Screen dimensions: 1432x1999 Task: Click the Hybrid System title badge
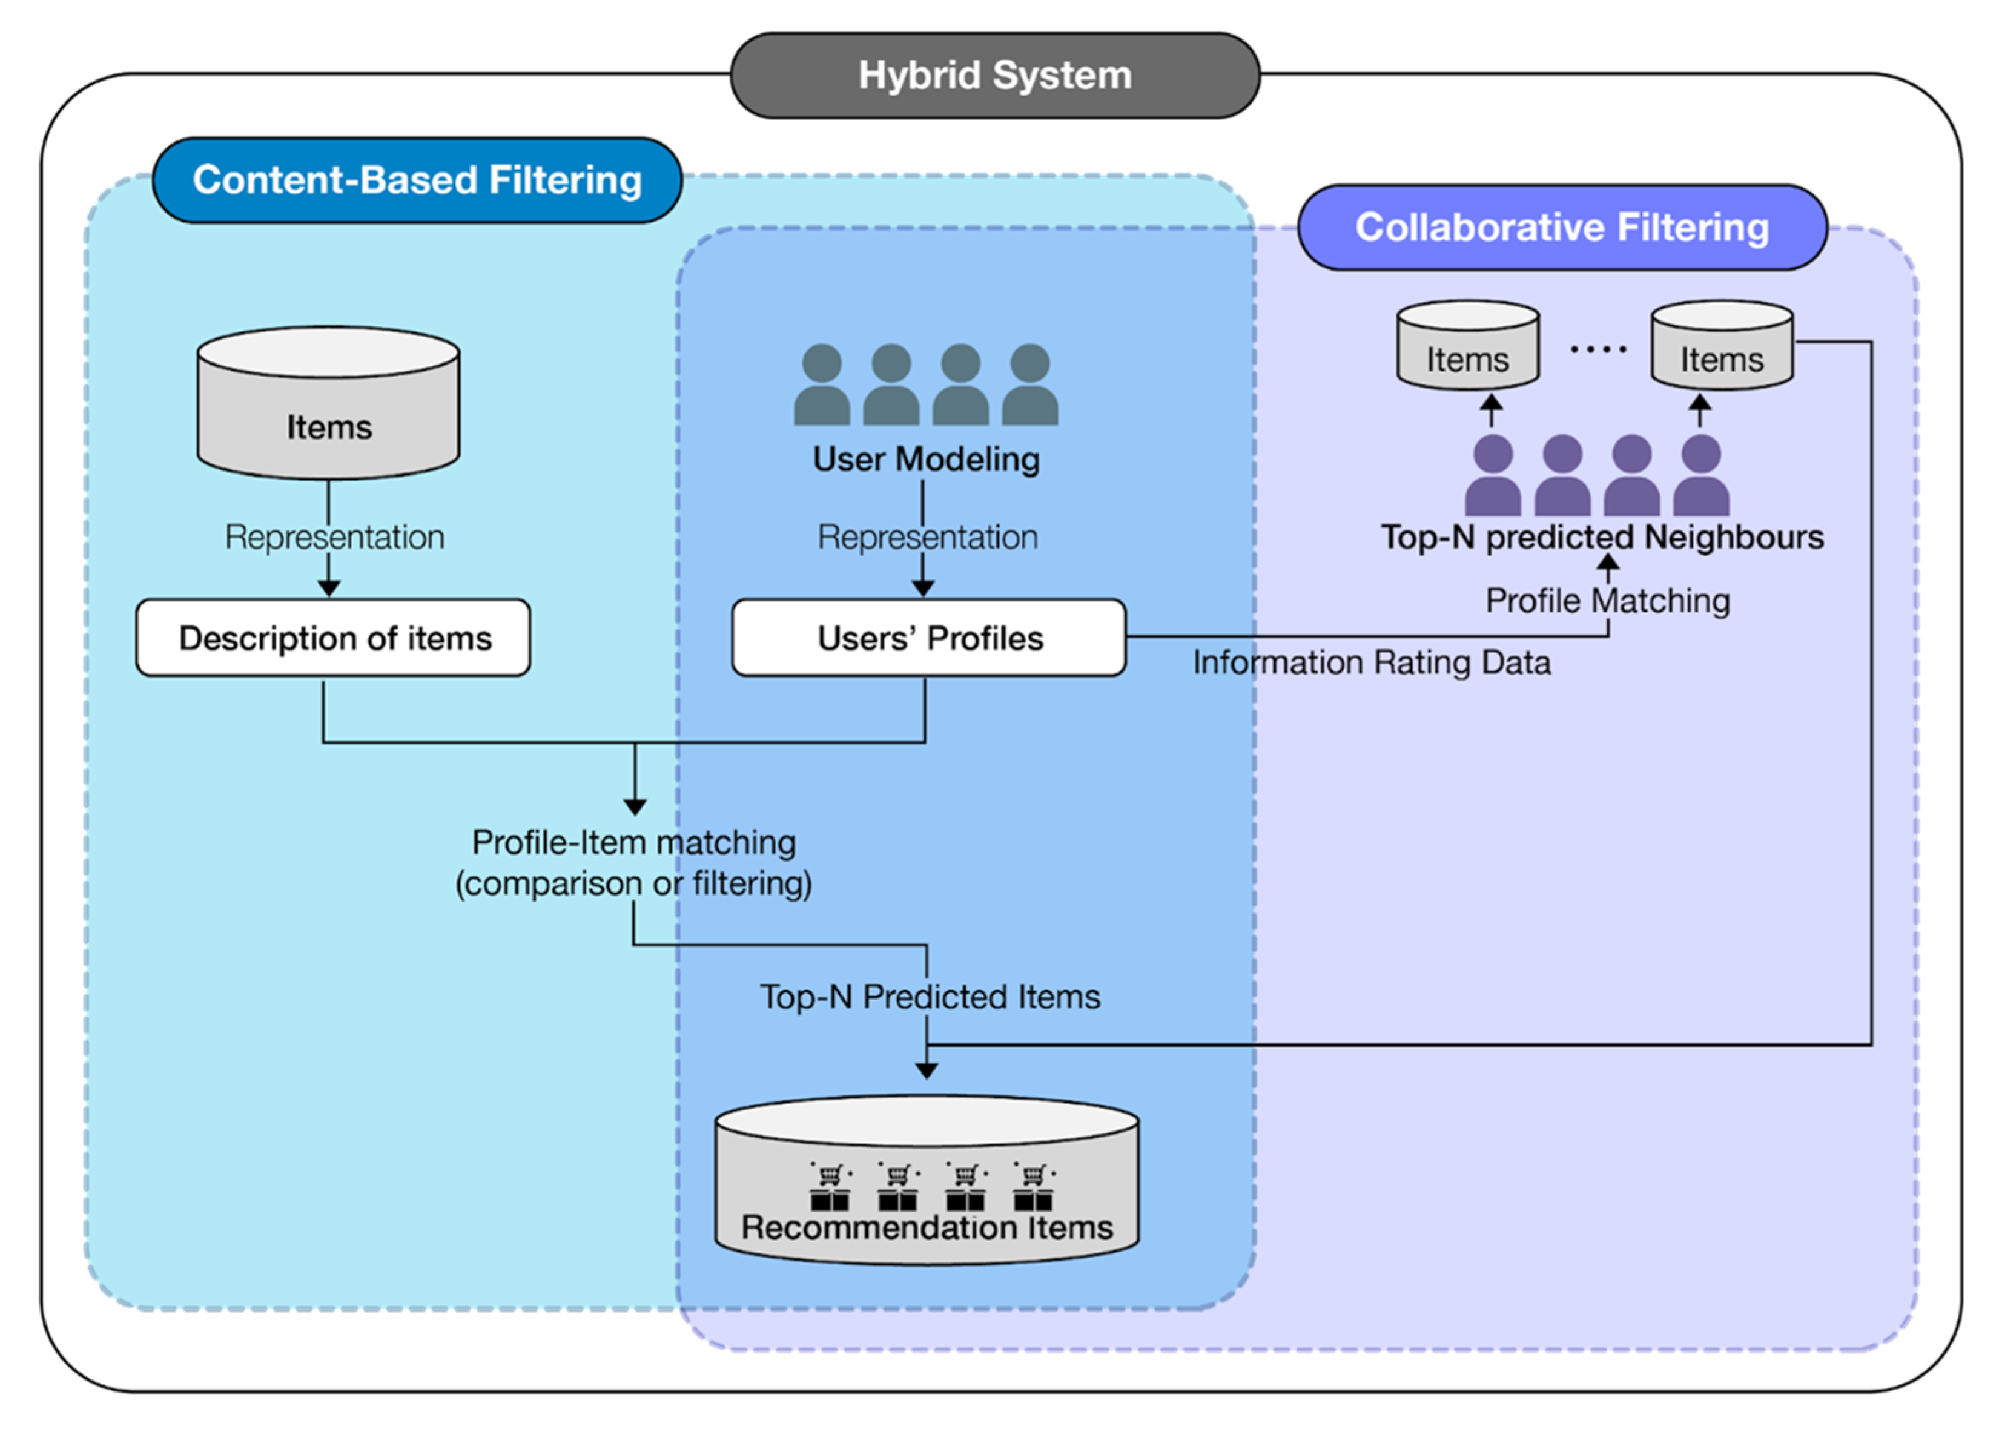point(994,76)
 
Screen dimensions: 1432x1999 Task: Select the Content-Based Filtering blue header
point(417,180)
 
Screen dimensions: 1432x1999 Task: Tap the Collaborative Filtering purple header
point(1562,227)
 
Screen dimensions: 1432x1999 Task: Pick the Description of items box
point(333,638)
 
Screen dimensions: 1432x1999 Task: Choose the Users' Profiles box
point(929,638)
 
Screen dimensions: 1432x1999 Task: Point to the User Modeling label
point(925,459)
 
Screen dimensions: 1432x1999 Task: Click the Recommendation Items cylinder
point(927,1181)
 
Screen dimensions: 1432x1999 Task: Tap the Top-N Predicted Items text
point(930,997)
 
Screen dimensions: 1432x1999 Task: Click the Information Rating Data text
point(1372,662)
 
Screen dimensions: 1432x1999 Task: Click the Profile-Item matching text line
point(633,842)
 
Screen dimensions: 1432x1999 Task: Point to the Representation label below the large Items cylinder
point(334,536)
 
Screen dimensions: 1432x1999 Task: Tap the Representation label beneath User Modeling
point(927,536)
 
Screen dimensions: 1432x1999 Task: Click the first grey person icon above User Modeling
point(821,385)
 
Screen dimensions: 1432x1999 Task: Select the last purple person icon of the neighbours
point(1700,476)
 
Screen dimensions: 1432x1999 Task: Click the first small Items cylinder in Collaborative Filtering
point(1467,346)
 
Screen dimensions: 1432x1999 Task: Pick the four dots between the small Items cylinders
point(1597,350)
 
